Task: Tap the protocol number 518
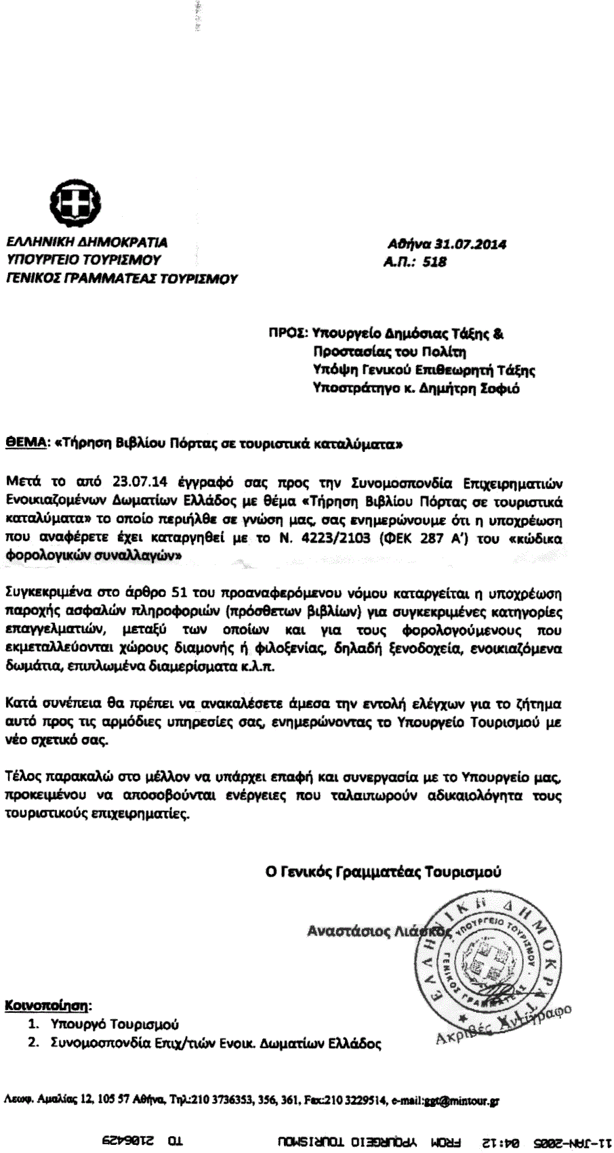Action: point(434,261)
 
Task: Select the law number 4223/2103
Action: point(344,539)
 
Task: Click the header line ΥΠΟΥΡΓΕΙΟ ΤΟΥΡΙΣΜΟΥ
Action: point(83,259)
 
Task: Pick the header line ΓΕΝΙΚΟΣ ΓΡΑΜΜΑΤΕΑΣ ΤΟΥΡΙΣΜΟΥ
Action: point(122,278)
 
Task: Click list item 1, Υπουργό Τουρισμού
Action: point(115,1024)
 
